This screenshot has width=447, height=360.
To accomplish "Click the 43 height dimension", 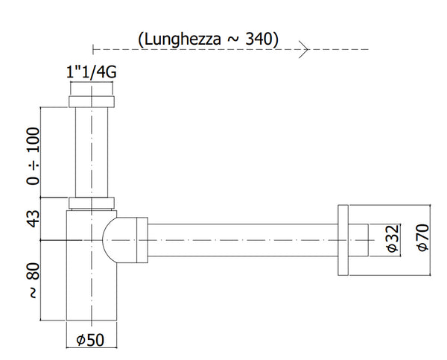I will coord(33,218).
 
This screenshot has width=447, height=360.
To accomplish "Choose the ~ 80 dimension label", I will coord(33,283).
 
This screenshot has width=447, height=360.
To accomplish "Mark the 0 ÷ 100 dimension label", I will coord(33,156).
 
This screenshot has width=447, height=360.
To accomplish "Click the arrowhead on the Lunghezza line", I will coord(304,50).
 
